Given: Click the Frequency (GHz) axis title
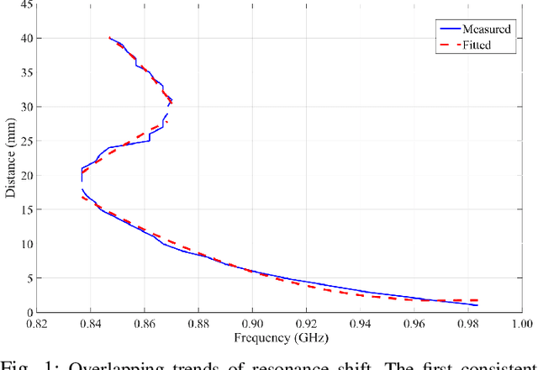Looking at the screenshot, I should click(x=278, y=338).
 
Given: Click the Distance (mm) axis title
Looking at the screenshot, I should click(x=9, y=159).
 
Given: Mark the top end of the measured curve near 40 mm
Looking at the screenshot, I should click(x=109, y=38).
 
